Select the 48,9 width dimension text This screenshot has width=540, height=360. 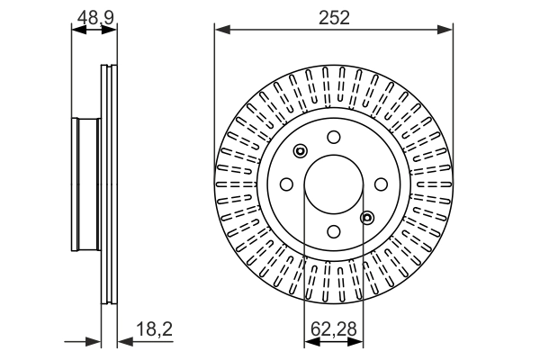point(94,16)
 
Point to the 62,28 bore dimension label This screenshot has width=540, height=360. point(332,330)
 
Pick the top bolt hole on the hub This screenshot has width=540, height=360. point(333,137)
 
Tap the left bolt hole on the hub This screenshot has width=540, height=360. point(287,184)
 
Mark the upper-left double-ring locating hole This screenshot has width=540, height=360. point(301,150)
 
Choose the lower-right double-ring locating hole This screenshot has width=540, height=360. point(366,217)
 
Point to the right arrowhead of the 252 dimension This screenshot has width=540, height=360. point(446,31)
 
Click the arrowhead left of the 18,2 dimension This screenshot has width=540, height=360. point(94,341)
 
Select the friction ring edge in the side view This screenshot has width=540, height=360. point(110,184)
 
